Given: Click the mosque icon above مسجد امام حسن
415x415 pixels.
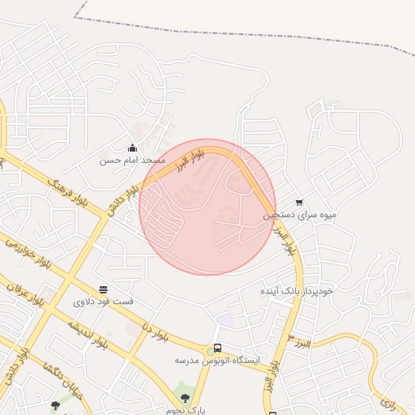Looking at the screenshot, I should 132,148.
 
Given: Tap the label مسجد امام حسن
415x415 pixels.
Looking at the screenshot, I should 132,160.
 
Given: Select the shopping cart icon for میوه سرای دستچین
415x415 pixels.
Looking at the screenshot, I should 299,203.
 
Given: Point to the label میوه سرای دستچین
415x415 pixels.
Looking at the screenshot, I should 298,216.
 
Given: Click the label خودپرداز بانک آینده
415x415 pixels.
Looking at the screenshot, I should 297,289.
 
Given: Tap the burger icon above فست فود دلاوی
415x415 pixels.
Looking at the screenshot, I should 103,289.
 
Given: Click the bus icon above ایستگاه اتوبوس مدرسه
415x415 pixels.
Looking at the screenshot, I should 217,348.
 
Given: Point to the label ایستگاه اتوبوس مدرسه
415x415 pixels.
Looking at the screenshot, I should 216,360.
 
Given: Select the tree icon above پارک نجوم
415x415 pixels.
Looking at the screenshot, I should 186,398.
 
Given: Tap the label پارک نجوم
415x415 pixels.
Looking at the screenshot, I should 190,410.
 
